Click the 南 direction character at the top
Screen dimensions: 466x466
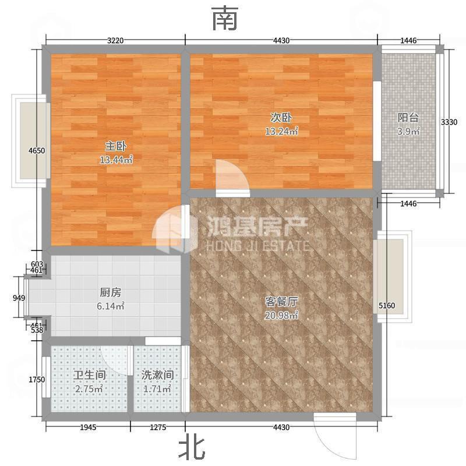tap(225, 19)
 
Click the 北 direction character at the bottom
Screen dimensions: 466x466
tap(192, 449)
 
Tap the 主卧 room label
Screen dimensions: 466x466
tap(115, 146)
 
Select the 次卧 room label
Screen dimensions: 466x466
tap(281, 118)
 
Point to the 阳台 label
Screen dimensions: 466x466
tap(408, 118)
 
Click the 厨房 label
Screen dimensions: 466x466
tap(110, 292)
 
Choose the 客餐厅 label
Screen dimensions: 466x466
tap(281, 302)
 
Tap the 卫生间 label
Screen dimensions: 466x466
tap(90, 375)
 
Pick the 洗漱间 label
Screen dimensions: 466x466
tap(157, 375)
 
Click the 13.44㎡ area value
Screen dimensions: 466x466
tap(116, 160)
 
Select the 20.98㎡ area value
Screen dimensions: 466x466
tap(281, 315)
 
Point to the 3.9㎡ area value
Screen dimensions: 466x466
tap(408, 131)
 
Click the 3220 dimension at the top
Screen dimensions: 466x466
tap(115, 40)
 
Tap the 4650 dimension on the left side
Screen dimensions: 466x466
tap(37, 151)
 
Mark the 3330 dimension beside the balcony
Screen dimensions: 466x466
tap(449, 122)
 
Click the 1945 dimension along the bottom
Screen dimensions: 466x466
tap(88, 428)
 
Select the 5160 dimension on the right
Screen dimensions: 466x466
tap(387, 305)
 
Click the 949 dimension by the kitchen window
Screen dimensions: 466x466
tap(19, 298)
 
